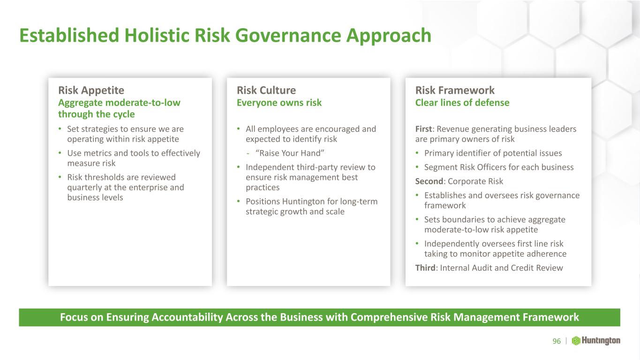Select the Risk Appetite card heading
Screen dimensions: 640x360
(x=91, y=90)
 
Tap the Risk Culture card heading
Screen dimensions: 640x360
(x=266, y=90)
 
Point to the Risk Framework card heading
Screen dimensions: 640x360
(x=455, y=90)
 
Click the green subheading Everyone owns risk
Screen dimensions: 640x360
(x=279, y=103)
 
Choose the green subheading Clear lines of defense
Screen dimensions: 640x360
(x=462, y=103)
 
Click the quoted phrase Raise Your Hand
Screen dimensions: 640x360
(x=290, y=153)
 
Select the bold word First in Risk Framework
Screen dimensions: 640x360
(x=424, y=129)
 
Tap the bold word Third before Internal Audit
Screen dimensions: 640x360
(x=425, y=268)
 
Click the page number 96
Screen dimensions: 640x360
(x=557, y=341)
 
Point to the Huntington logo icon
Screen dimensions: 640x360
(x=576, y=341)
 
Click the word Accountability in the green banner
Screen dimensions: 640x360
(x=187, y=317)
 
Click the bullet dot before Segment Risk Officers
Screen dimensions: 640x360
(x=417, y=167)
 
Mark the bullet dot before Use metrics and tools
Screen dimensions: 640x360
(x=60, y=153)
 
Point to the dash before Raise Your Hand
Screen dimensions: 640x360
(x=248, y=154)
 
